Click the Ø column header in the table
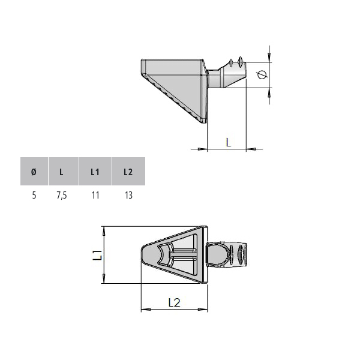click(34, 171)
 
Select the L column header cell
click(64, 171)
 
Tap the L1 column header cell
click(95, 171)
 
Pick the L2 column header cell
click(128, 171)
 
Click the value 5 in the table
click(34, 196)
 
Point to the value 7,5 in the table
click(62, 196)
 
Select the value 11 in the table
click(95, 196)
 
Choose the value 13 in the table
click(128, 196)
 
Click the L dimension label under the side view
click(229, 142)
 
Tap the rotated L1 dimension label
click(97, 255)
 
